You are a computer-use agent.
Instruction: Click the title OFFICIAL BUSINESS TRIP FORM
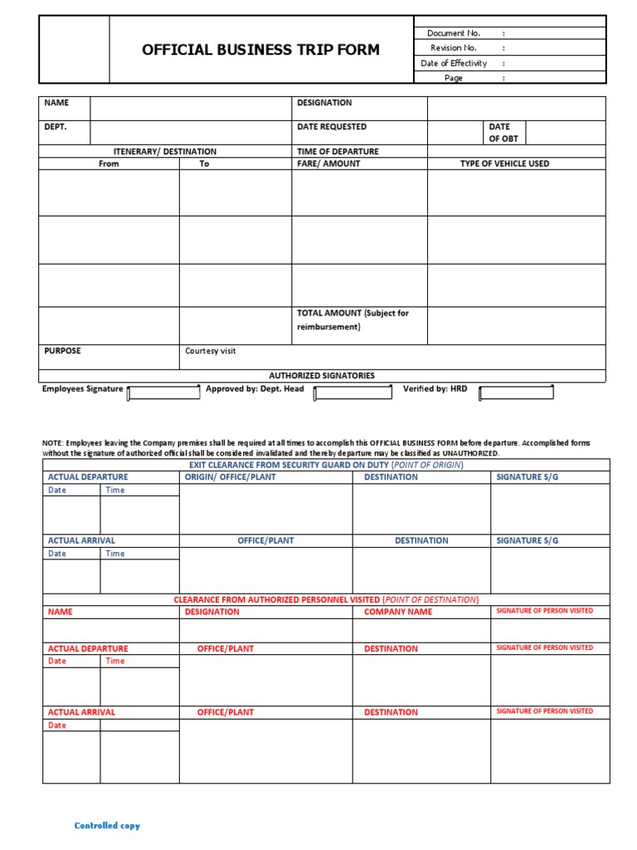click(260, 50)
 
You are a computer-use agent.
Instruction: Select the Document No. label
click(454, 33)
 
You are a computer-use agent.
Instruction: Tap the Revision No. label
click(454, 48)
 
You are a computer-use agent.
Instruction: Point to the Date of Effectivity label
click(454, 63)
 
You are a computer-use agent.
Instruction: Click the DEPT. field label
click(56, 127)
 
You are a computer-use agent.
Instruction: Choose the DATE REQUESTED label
click(332, 127)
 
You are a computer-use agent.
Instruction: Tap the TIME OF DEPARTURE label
click(338, 152)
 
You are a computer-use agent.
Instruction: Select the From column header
click(109, 164)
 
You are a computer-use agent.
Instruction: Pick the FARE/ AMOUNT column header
click(328, 164)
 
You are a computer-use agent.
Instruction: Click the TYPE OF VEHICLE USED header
click(504, 164)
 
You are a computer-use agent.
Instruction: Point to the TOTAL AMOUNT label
click(353, 320)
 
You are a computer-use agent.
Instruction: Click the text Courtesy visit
click(211, 351)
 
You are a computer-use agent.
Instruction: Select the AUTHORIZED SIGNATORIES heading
click(322, 376)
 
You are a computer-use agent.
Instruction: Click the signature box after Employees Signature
click(163, 393)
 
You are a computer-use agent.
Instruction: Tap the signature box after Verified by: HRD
click(517, 393)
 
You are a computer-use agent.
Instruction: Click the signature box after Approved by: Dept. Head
click(353, 393)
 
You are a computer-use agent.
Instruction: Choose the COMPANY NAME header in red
click(398, 612)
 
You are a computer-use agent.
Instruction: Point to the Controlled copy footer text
click(107, 826)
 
